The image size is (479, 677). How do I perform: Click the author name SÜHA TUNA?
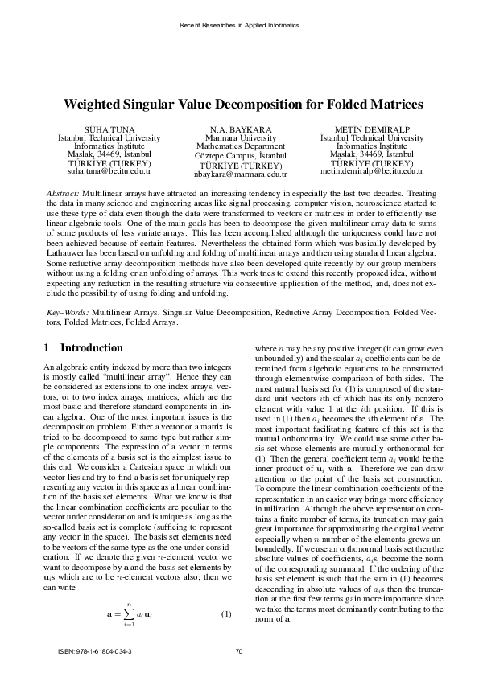click(x=109, y=129)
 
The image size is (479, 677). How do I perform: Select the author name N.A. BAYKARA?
click(x=240, y=129)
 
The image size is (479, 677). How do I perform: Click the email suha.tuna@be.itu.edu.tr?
click(x=109, y=172)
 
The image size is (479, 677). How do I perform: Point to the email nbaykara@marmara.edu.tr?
click(x=240, y=174)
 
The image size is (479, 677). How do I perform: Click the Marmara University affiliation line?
click(x=240, y=138)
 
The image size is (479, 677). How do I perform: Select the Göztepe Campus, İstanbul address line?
click(x=240, y=155)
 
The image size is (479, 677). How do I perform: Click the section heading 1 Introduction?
click(x=83, y=348)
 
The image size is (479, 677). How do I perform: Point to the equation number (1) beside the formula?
click(x=226, y=615)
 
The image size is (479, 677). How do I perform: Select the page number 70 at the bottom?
click(x=238, y=651)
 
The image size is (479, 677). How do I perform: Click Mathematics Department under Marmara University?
click(x=240, y=147)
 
